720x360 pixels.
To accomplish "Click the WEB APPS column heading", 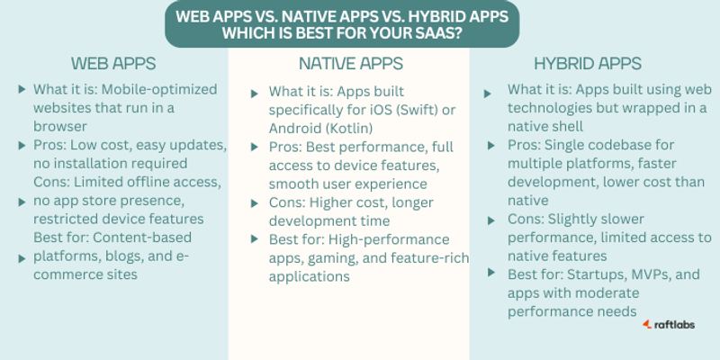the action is [x=113, y=64].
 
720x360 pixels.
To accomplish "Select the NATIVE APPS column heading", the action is [x=351, y=64].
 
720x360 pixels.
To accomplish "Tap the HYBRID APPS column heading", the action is [x=588, y=64].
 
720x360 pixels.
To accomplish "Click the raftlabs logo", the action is [x=669, y=325].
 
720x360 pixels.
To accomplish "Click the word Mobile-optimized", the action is [x=159, y=89].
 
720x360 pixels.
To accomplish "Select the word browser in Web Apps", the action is [x=60, y=126].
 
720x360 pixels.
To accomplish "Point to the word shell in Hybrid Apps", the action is [x=568, y=126].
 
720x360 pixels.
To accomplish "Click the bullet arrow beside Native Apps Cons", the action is [x=254, y=202].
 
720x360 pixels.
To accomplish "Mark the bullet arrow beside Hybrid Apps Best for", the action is [x=491, y=273].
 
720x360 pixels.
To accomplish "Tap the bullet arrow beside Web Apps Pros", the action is [x=22, y=146].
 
